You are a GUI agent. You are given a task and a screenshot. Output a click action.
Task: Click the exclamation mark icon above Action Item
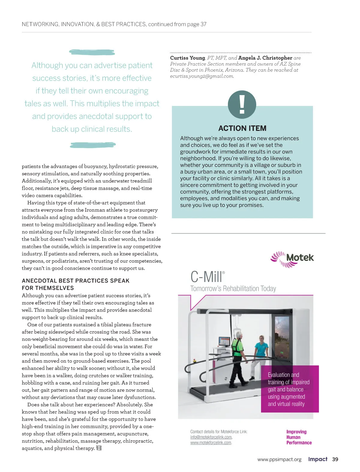(242, 104)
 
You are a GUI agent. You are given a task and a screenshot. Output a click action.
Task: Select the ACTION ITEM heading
(242, 128)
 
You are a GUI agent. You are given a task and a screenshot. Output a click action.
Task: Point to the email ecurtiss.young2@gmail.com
(202, 76)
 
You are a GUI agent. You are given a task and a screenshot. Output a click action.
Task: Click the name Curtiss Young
(187, 58)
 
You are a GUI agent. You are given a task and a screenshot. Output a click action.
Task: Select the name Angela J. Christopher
(265, 58)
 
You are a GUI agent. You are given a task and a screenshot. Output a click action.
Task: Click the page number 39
(335, 459)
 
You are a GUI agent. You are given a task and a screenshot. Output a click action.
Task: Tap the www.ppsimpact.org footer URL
(279, 459)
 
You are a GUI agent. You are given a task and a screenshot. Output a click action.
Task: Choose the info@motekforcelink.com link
(211, 437)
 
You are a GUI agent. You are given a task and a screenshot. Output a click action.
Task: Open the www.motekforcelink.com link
(211, 443)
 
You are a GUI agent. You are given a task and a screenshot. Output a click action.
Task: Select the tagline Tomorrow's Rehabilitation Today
(233, 289)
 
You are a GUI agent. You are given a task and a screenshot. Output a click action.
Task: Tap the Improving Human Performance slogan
(299, 437)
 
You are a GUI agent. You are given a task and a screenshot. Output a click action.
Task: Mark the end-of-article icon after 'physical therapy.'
(99, 448)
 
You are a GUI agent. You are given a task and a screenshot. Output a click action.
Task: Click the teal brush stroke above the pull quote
(92, 52)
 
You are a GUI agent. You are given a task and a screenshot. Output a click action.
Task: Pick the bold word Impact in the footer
(318, 459)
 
